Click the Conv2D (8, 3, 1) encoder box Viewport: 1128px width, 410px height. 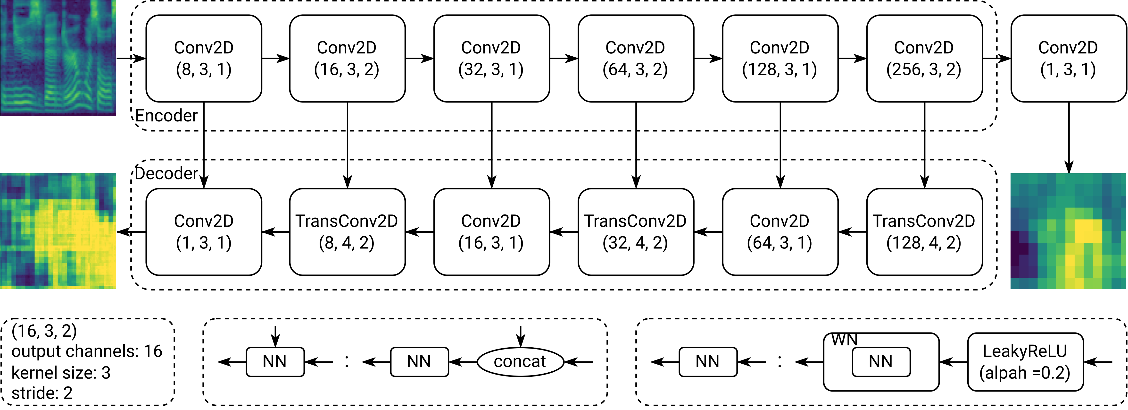click(x=204, y=58)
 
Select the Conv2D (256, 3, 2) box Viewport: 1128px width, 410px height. click(x=924, y=58)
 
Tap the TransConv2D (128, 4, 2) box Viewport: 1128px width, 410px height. click(x=924, y=232)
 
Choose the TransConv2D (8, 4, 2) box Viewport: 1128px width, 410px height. click(x=347, y=232)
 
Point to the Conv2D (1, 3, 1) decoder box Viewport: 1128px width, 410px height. click(x=204, y=232)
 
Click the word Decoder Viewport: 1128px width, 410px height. click(x=166, y=173)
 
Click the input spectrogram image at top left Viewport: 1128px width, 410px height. click(x=58, y=57)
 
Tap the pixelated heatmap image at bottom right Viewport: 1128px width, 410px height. click(x=1068, y=231)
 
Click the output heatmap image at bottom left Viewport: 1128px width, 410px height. click(x=58, y=231)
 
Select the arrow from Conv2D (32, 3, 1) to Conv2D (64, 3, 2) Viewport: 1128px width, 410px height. click(x=564, y=58)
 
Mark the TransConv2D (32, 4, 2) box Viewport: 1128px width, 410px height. click(x=635, y=232)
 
